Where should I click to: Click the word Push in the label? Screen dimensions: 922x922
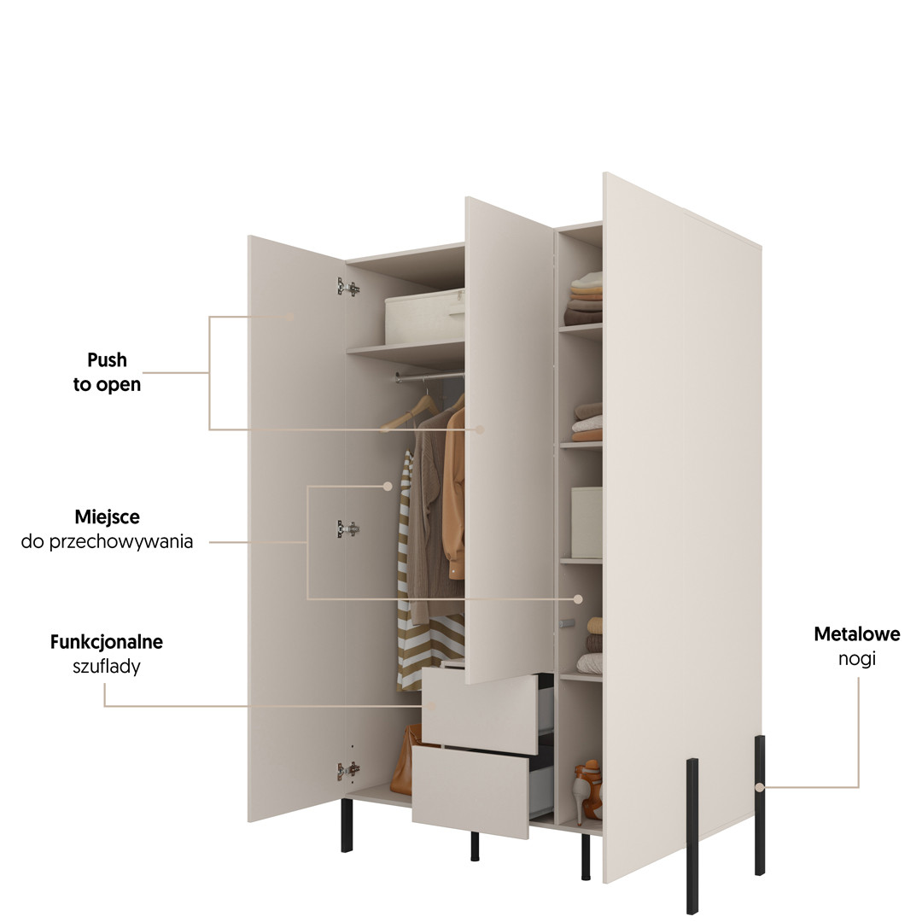107,360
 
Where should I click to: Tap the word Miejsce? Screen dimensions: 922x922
107,517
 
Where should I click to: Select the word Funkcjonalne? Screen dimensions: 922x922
107,642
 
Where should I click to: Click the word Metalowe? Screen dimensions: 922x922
856,634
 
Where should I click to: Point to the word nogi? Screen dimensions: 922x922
856,659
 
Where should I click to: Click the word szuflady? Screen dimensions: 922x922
107,667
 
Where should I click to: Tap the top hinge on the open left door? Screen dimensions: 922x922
347,288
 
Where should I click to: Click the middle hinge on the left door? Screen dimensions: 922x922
347,529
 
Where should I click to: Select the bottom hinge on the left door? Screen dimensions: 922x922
347,771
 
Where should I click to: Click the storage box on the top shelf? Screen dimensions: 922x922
424,318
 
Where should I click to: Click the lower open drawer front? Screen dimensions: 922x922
470,794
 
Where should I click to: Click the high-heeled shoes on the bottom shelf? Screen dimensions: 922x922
587,791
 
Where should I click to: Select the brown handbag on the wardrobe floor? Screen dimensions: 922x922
401,762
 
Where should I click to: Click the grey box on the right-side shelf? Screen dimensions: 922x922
586,522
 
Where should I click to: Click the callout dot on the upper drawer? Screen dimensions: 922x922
432,707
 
